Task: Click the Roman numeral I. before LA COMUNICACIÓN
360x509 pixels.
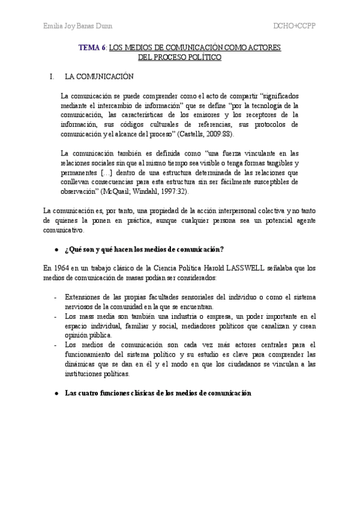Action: pyautogui.click(x=52, y=77)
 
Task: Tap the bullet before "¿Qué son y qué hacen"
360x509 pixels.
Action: pyautogui.click(x=56, y=233)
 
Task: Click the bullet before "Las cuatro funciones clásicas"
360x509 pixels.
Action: pyautogui.click(x=56, y=394)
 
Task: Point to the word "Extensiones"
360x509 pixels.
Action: pyautogui.click(x=84, y=297)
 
